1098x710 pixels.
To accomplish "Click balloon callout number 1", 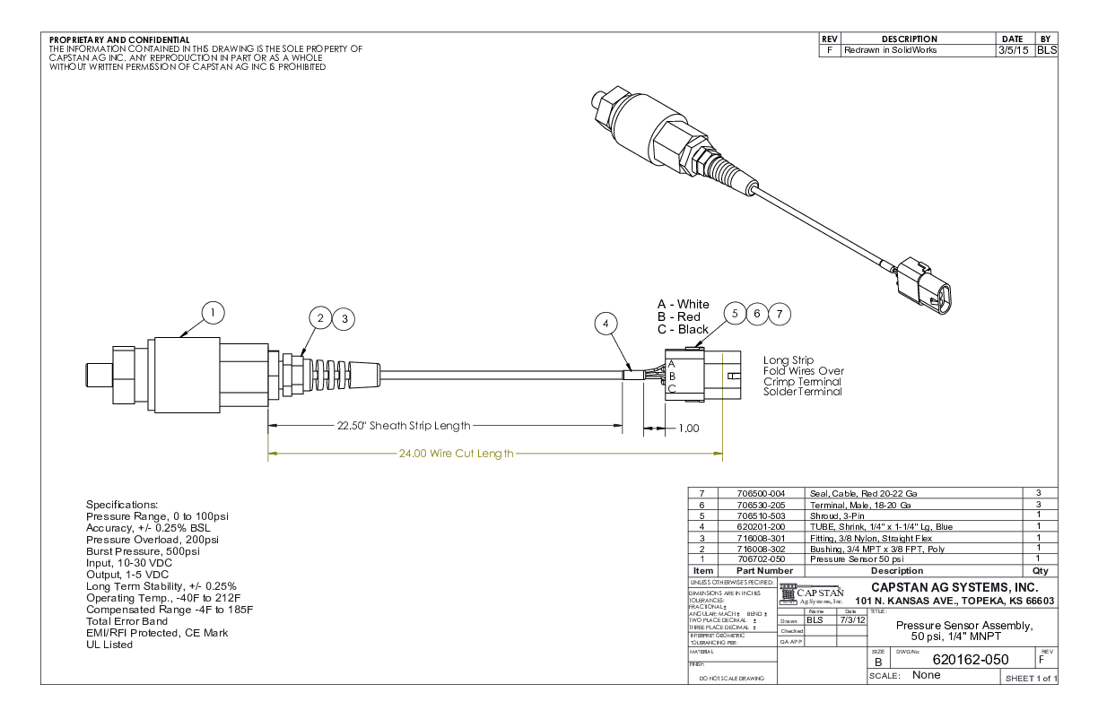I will click(212, 313).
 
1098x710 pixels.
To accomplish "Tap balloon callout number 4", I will click(608, 323).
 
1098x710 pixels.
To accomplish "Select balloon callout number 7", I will click(780, 313).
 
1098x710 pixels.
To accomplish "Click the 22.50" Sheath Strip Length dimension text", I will click(403, 427).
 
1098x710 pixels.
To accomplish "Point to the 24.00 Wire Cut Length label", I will click(456, 454).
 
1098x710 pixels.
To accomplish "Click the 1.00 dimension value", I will click(687, 429).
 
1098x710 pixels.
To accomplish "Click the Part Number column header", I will click(765, 570).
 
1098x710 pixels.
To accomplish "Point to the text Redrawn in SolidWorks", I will click(890, 51).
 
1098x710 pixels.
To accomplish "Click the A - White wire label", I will click(684, 304).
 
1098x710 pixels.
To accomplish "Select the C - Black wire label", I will click(684, 329).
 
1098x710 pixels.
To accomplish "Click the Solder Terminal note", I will click(803, 392).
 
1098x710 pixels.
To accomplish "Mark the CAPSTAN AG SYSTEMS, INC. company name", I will click(961, 586).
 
